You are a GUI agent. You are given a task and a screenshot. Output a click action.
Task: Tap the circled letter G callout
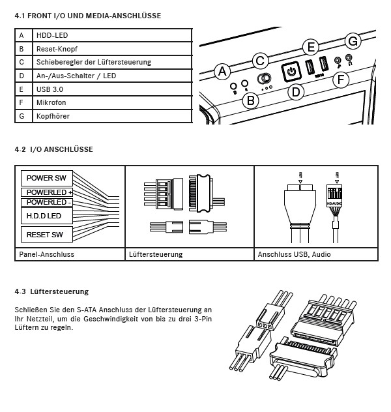[x=353, y=41]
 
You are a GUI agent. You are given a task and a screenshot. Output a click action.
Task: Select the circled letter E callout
[x=311, y=47]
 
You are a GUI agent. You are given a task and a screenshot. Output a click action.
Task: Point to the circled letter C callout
[x=260, y=61]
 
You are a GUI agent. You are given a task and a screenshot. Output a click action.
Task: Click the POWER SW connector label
[x=47, y=178]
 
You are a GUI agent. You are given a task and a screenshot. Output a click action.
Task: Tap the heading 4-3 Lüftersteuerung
[x=51, y=291]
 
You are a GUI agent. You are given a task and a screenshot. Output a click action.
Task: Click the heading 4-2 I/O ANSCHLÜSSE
[x=53, y=149]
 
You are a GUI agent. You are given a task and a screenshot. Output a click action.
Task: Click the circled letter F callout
[x=339, y=80]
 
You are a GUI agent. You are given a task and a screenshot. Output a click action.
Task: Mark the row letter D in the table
[x=22, y=76]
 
